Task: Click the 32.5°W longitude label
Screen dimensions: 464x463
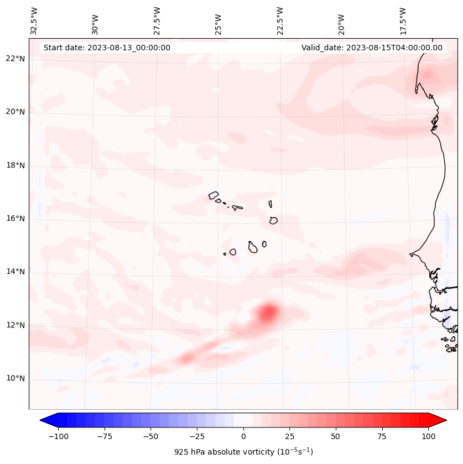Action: click(34, 20)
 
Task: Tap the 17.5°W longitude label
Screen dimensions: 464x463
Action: click(403, 20)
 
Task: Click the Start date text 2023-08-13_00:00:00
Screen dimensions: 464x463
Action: click(107, 48)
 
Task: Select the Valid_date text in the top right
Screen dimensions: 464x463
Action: click(372, 48)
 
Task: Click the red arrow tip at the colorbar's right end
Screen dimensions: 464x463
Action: click(443, 420)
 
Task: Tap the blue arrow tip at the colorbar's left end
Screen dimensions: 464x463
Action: click(44, 420)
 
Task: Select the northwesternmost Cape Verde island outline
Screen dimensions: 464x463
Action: click(214, 195)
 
